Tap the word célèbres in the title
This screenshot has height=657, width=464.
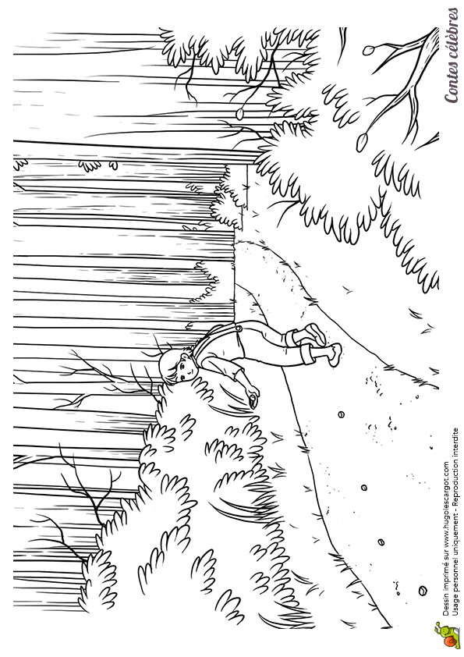click(452, 36)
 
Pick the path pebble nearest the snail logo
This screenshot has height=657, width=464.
click(422, 591)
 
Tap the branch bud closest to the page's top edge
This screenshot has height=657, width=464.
click(368, 51)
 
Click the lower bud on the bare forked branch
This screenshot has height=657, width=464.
click(361, 142)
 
